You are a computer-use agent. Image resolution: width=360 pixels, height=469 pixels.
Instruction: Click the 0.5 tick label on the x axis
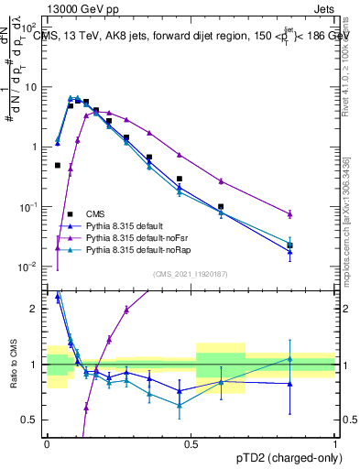tap(191, 442)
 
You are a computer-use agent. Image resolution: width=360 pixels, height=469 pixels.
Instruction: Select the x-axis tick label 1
tap(335, 442)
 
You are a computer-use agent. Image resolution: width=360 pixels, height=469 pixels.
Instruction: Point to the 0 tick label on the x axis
tap(47, 442)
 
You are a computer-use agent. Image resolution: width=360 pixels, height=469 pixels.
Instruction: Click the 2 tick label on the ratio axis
tap(35, 309)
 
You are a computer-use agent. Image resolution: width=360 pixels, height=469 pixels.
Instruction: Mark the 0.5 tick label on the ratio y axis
tap(31, 420)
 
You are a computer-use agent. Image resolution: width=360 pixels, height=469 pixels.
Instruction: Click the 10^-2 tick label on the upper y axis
tap(30, 267)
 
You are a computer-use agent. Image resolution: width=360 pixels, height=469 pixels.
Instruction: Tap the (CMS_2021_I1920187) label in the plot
tap(191, 273)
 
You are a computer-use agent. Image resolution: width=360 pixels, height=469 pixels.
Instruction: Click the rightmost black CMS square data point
tap(289, 245)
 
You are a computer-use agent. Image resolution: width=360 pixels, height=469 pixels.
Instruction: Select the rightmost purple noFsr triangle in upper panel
tap(289, 214)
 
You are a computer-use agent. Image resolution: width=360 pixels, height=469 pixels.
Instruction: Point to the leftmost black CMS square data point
tap(58, 166)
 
